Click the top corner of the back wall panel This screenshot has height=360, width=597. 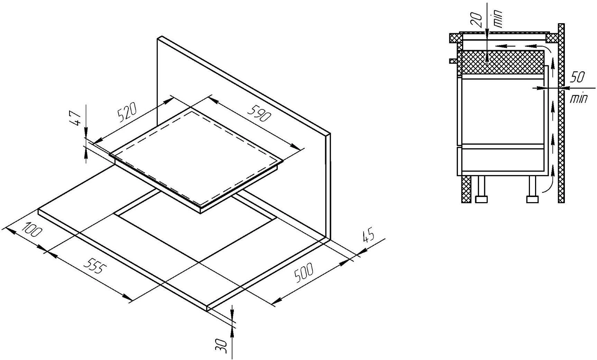(x=158, y=37)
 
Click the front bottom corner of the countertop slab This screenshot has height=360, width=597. (x=207, y=310)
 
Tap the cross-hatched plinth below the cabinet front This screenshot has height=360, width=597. (x=467, y=189)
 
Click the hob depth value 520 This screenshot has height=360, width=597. (x=127, y=112)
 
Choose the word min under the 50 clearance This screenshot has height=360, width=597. (x=578, y=99)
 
